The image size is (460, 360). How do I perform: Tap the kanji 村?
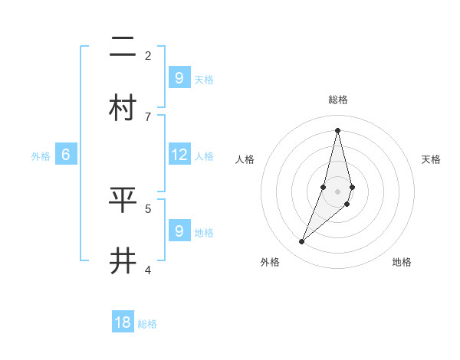[123, 108]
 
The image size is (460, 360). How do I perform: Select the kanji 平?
[123, 200]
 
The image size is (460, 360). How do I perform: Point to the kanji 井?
[123, 261]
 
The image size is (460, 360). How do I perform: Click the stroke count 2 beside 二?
[148, 55]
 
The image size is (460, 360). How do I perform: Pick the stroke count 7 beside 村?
[148, 116]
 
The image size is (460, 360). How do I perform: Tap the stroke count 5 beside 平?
[148, 208]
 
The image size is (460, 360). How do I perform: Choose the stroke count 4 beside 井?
[148, 270]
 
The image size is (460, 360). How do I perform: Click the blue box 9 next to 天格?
[179, 78]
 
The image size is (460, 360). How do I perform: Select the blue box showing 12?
[179, 155]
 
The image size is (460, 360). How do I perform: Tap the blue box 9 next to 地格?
[179, 231]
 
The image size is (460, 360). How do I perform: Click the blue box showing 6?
[66, 155]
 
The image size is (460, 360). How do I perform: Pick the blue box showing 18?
[123, 322]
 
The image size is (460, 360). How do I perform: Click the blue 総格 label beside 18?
[147, 324]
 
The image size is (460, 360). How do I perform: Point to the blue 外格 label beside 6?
[41, 156]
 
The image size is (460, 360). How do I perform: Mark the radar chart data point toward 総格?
[337, 129]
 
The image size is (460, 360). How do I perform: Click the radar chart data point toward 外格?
[302, 242]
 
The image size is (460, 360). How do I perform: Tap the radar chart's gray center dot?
[337, 191]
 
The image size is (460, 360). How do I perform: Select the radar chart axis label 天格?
[431, 159]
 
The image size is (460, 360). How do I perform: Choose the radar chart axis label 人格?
[245, 159]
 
